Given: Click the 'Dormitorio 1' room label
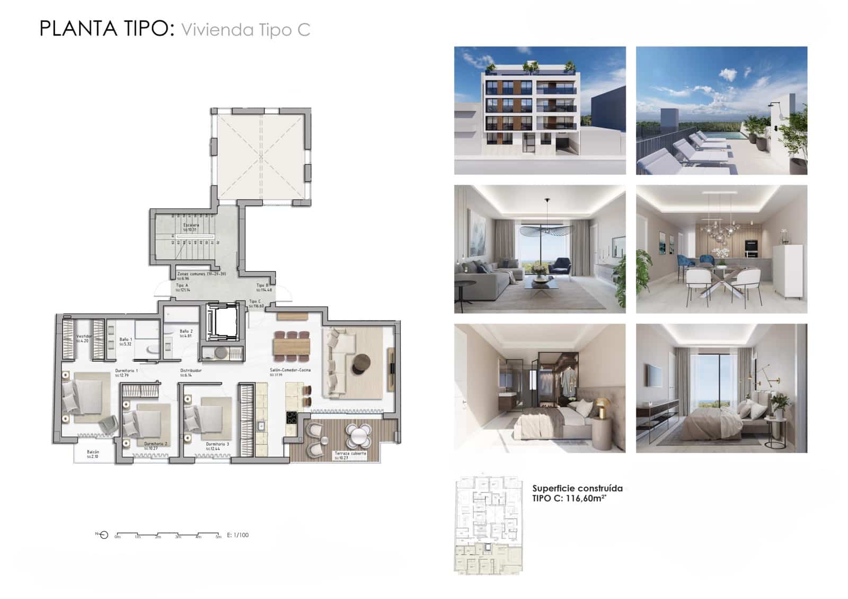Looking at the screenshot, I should [127, 371].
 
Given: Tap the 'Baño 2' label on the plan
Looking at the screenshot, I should [185, 331].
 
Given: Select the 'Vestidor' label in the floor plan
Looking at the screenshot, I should [84, 336].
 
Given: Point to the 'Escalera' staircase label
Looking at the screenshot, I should [191, 225].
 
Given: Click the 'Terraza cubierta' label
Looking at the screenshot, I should [350, 454].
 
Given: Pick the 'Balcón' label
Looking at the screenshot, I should [93, 452].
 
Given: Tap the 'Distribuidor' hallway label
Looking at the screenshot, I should [191, 371].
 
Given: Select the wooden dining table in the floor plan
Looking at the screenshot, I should [291, 347].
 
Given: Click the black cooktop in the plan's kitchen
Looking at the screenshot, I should [291, 418].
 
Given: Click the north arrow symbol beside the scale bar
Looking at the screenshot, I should [104, 535].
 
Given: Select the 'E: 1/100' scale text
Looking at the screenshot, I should [237, 535].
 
